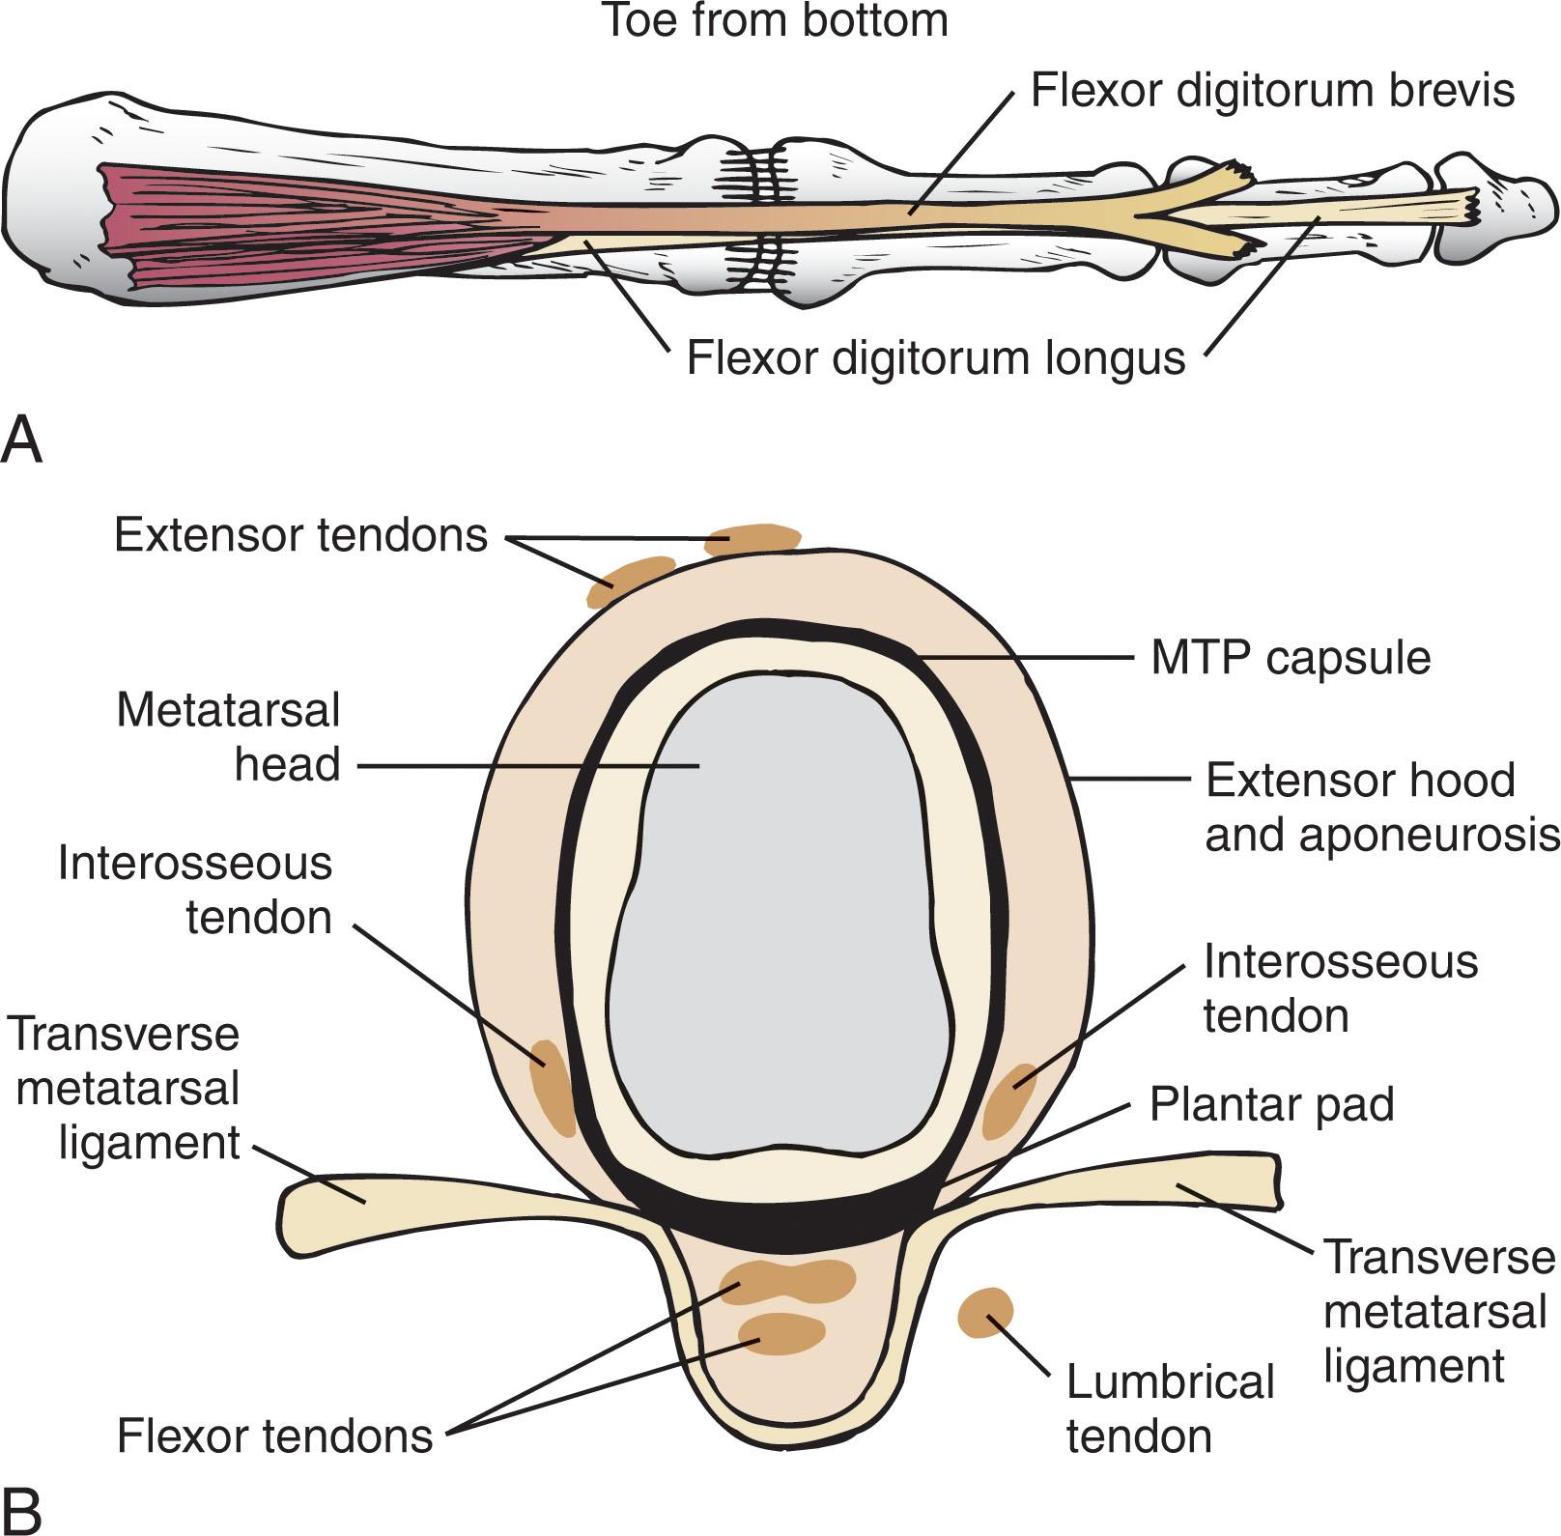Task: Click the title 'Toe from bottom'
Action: pyautogui.click(x=775, y=21)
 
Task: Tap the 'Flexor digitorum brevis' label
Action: pyautogui.click(x=1272, y=91)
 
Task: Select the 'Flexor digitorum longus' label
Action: pyautogui.click(x=935, y=357)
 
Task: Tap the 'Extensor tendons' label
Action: pyautogui.click(x=300, y=535)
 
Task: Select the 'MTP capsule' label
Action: pyautogui.click(x=1291, y=659)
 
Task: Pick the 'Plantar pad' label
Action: pyautogui.click(x=1271, y=1104)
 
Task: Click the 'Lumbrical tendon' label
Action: pyautogui.click(x=1170, y=1408)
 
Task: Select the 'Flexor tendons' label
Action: pyautogui.click(x=275, y=1436)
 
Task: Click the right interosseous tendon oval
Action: pyautogui.click(x=1009, y=1101)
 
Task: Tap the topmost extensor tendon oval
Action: pyautogui.click(x=752, y=539)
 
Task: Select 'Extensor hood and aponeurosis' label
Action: pyautogui.click(x=1381, y=808)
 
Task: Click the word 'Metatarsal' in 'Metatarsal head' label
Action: pyautogui.click(x=228, y=711)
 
